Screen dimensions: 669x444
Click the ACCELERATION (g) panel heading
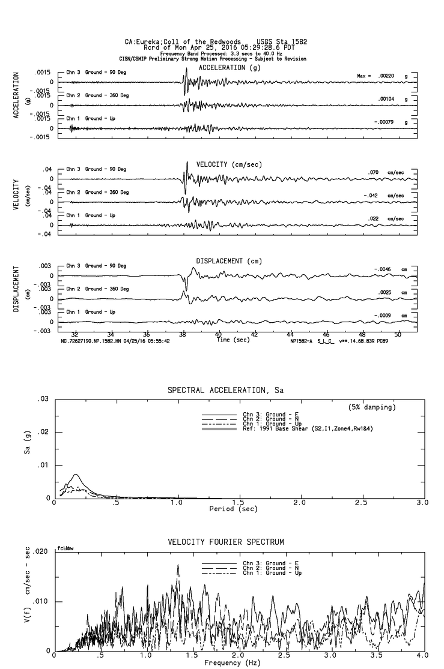222,68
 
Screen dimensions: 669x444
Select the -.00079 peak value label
383,122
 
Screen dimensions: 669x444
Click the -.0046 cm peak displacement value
383,269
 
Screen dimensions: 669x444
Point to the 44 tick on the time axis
290,334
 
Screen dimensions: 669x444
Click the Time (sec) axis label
234,340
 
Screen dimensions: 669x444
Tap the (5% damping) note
372,407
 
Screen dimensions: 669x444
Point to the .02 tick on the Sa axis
43,433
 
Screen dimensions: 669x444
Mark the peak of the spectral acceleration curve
76,475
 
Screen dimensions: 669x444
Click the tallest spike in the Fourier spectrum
178,565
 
